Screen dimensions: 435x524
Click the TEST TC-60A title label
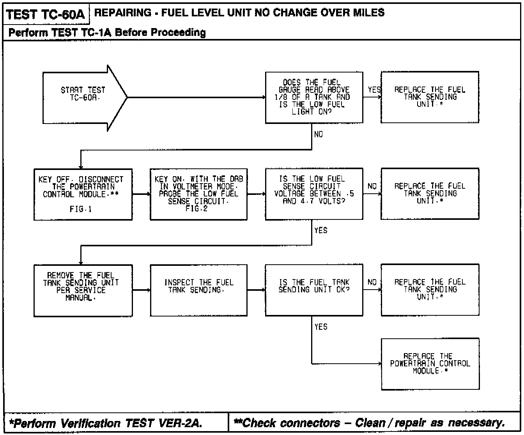point(46,14)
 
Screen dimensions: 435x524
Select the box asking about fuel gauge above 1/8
point(314,97)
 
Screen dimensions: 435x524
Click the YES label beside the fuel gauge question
point(374,90)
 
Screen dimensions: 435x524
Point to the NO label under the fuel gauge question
point(319,134)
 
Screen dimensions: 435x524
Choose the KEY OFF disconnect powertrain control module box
point(83,194)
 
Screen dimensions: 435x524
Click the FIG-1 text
point(81,209)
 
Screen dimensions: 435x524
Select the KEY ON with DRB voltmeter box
point(198,194)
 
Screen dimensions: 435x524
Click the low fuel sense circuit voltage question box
point(314,194)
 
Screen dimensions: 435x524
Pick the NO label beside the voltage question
point(372,186)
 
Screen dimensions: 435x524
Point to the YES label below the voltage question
point(320,231)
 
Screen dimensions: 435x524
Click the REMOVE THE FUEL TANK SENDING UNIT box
point(83,290)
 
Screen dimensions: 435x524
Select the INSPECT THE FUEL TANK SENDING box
point(198,290)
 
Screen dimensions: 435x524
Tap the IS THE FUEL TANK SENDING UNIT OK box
point(314,290)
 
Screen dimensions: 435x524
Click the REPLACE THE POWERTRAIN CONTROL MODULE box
point(430,364)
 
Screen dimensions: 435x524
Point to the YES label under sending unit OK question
point(320,327)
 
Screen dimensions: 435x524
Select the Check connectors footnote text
point(368,423)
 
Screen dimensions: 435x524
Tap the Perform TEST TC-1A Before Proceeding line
point(107,32)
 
